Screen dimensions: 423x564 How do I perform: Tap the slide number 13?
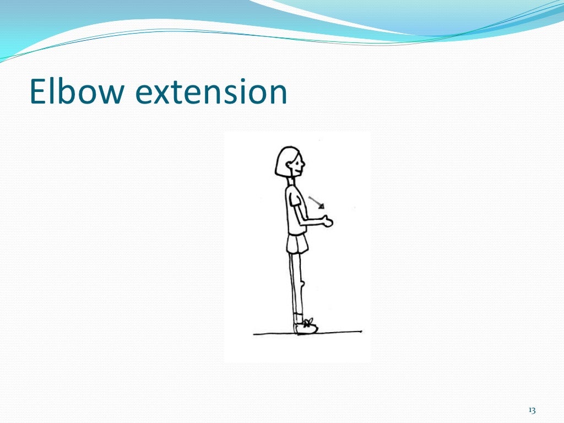532,410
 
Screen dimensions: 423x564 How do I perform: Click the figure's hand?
328,222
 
